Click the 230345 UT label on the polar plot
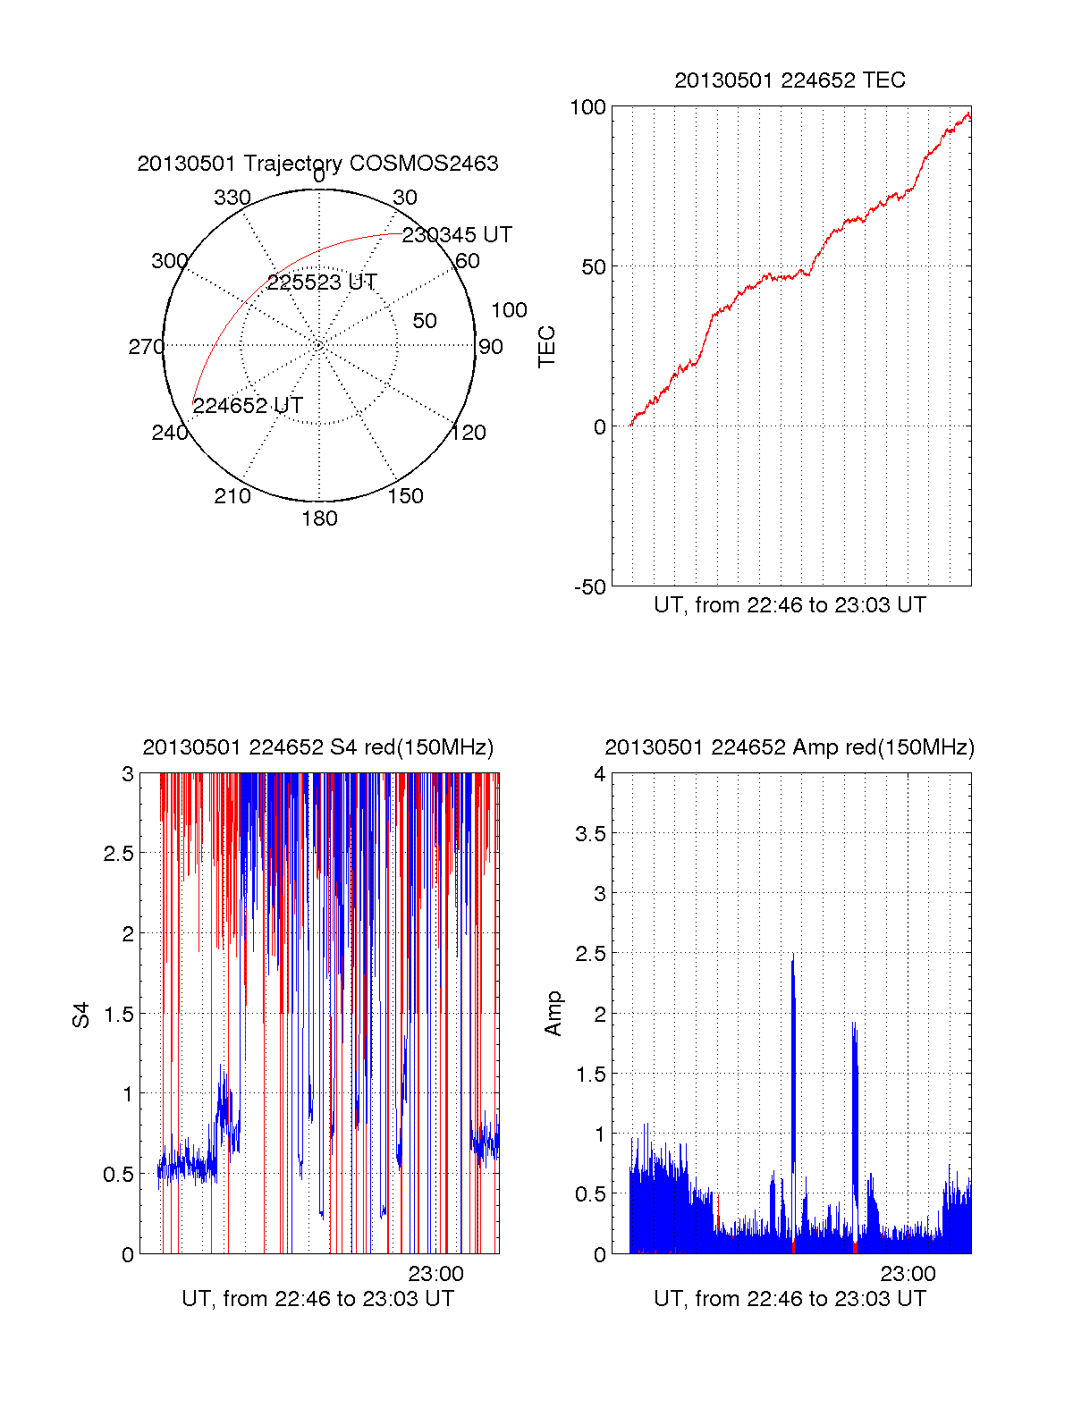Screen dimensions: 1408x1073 457,235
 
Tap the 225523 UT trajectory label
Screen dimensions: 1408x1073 322,282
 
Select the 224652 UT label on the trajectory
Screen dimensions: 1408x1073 248,406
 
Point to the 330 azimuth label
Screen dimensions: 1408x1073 232,198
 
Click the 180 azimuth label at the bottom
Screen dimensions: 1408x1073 319,519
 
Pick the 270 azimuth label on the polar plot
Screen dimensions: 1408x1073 146,347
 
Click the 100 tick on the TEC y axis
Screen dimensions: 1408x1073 587,107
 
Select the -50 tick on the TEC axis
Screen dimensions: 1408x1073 589,587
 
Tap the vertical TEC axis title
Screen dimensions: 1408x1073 547,347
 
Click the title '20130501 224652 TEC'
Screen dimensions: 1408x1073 790,80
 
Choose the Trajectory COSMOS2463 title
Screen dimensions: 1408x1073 317,164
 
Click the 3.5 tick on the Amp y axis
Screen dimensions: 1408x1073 589,834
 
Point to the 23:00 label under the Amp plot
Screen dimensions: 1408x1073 908,1274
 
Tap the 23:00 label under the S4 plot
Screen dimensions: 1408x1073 435,1274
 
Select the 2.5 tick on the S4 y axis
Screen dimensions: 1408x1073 118,854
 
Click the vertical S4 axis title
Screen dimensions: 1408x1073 81,1016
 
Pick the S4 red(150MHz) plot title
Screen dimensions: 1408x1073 317,747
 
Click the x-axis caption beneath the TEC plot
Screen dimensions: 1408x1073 790,605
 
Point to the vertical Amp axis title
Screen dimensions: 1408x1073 553,1014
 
